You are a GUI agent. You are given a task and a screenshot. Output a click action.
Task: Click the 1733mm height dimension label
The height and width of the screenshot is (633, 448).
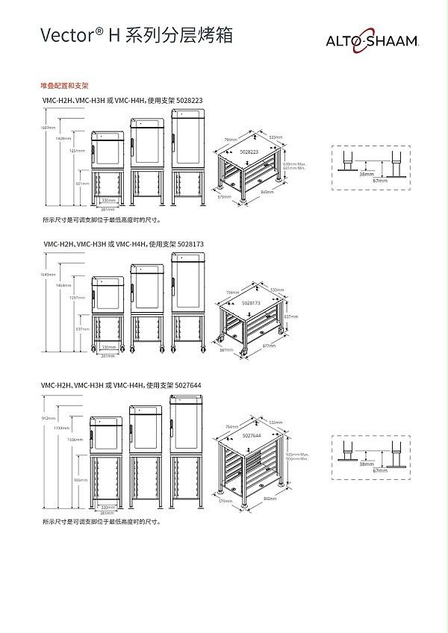coord(61,428)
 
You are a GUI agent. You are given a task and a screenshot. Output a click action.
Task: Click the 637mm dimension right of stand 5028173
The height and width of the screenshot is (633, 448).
coord(290,316)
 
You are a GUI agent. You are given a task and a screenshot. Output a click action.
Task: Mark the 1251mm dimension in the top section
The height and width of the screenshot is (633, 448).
coord(75,151)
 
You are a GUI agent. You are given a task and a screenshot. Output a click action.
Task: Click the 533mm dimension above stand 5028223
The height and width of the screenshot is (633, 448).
coord(275,137)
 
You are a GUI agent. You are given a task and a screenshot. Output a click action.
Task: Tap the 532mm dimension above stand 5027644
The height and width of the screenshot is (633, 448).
coord(276,422)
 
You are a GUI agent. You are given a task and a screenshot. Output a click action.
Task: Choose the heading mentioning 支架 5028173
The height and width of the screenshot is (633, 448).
coord(113,243)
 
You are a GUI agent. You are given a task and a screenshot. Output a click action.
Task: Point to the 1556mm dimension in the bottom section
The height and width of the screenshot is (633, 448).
coord(75,440)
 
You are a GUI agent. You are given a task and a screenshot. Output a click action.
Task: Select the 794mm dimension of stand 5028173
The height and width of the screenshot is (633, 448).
coord(232,292)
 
